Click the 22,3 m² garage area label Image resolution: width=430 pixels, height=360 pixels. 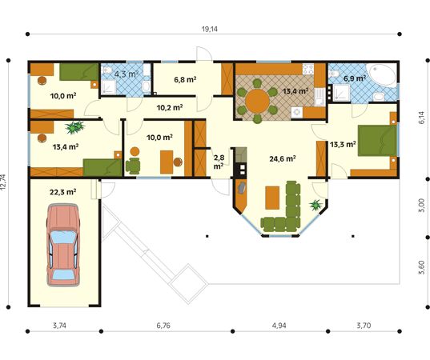62,192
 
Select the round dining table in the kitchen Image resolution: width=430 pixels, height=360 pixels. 258,101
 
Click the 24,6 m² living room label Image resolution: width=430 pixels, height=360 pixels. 283,158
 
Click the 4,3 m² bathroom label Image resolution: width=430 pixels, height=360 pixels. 127,74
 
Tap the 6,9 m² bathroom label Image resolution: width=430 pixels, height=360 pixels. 355,78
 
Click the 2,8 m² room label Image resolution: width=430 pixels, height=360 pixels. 219,163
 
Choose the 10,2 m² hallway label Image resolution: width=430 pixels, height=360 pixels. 169,106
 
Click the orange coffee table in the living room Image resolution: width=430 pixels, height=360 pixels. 273,197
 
